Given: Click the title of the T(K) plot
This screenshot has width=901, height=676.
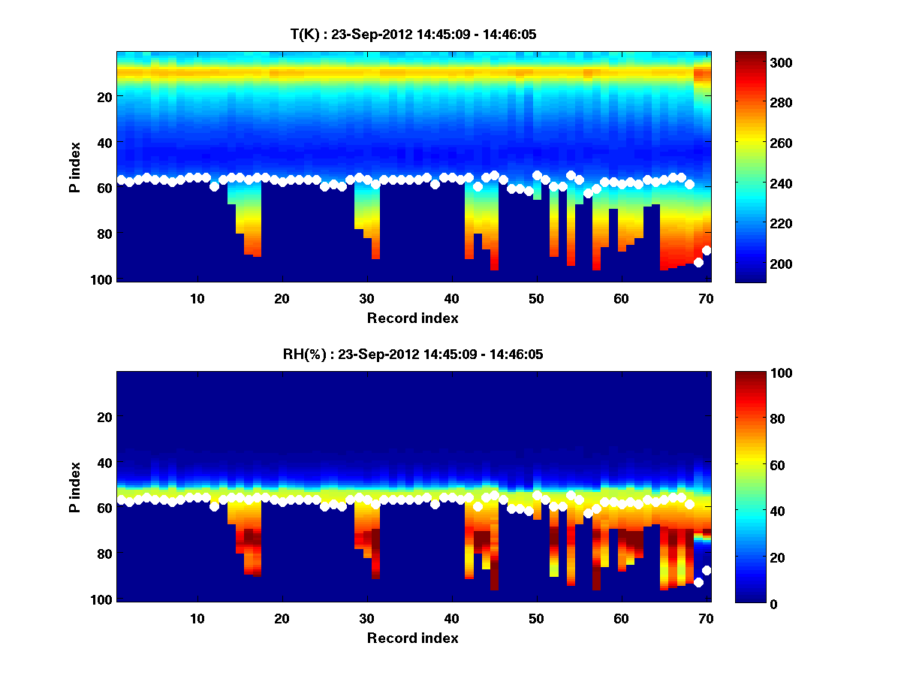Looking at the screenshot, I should point(413,34).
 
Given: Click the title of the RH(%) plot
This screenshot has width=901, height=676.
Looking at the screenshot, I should point(413,355).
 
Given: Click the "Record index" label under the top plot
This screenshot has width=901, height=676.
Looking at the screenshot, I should point(413,318).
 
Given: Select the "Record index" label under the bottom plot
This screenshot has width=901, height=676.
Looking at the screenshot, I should point(413,638).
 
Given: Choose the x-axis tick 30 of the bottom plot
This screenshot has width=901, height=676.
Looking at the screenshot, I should point(366,618).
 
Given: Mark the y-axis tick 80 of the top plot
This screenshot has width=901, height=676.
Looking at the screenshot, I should point(104,234).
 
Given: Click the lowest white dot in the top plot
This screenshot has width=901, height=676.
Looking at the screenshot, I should point(698,262).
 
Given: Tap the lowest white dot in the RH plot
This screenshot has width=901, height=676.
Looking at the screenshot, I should point(698,582).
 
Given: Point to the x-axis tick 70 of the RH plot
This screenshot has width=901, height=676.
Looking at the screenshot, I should point(705,618).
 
